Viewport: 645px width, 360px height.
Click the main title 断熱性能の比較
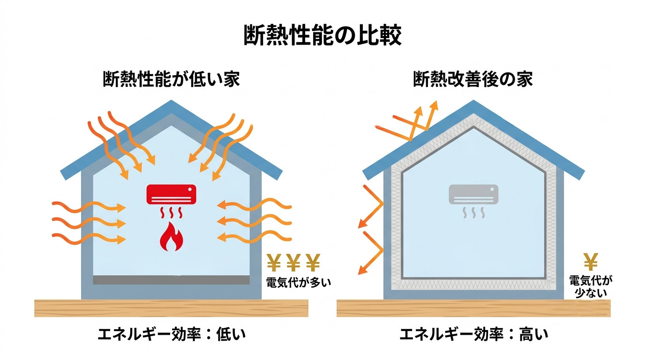[322, 36]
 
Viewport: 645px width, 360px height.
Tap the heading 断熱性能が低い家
[172, 79]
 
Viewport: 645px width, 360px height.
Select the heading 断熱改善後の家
[473, 79]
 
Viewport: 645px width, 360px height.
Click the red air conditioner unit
[172, 194]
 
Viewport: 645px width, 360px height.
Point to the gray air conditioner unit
[473, 194]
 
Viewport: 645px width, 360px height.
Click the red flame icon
[172, 236]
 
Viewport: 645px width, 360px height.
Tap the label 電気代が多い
[299, 283]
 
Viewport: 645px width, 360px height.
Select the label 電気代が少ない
[591, 286]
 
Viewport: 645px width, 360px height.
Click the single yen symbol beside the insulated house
[591, 262]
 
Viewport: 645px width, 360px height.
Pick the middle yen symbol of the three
[293, 262]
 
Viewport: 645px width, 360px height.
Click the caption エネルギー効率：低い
[172, 334]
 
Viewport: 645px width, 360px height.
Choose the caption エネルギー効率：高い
[474, 334]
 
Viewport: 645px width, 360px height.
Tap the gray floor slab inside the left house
[172, 280]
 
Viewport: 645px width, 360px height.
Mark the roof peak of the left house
[172, 100]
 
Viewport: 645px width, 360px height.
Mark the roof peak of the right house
[473, 100]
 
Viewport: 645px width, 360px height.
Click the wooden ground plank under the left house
[172, 308]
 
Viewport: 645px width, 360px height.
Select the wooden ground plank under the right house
[473, 308]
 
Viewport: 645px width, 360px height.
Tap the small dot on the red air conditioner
[190, 189]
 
